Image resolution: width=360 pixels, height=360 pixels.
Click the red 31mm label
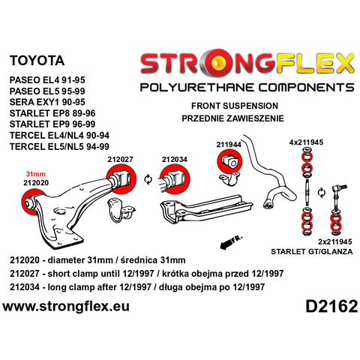(x=36, y=174)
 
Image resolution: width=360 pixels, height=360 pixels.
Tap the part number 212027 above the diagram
(x=120, y=159)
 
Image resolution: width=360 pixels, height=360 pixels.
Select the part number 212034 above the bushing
(x=175, y=159)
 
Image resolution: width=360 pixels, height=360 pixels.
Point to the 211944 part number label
(x=229, y=145)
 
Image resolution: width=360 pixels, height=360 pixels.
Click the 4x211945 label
(x=306, y=142)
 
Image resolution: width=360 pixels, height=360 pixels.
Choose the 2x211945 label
(x=335, y=241)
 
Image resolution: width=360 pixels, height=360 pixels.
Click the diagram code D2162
(x=331, y=306)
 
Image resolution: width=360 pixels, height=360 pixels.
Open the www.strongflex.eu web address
(x=66, y=306)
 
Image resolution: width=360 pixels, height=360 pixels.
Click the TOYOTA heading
(x=37, y=61)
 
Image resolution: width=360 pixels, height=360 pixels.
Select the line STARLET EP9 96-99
(x=52, y=124)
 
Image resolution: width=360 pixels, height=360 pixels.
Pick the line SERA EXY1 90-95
(x=47, y=102)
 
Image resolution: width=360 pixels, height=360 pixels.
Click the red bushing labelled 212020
(x=32, y=203)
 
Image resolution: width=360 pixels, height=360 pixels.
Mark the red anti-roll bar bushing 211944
(x=229, y=161)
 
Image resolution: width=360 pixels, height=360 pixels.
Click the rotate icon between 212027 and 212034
(x=148, y=179)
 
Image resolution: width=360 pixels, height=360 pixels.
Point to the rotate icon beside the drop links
(x=322, y=193)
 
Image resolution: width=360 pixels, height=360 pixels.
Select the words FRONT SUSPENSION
(x=235, y=106)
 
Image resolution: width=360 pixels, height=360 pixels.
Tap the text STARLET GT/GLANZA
(x=312, y=251)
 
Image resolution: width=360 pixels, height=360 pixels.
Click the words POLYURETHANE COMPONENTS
(x=247, y=88)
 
